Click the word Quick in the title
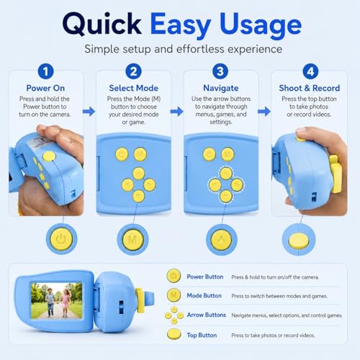102,24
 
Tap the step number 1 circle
45,71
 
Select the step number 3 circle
220,71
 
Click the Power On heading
45,88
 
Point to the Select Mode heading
133,88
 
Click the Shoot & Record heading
310,88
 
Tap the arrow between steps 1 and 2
89,112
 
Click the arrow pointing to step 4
264,112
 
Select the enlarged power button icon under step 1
61,239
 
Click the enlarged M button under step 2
132,239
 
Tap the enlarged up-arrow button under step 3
222,239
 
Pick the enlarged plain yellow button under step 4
299,240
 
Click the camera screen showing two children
57,301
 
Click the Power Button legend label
205,276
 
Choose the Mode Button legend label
204,296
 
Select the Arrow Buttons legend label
207,315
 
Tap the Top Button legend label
202,335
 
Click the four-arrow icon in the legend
174,315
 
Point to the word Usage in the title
261,25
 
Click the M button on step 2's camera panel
140,154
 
